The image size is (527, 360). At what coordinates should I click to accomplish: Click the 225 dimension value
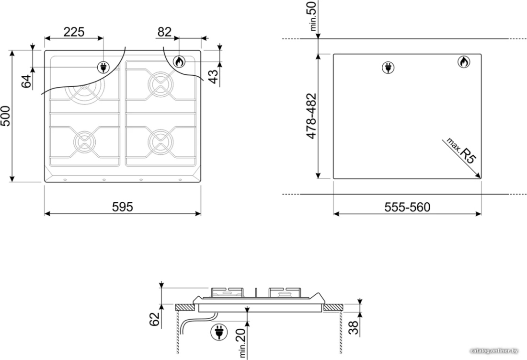click(x=74, y=32)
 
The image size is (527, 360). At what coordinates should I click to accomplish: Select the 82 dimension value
click(x=164, y=32)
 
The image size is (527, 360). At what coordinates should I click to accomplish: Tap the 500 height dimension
click(x=6, y=116)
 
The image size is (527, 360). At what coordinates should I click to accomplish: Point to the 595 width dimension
click(x=123, y=207)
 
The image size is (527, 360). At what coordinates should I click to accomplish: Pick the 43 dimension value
click(x=213, y=77)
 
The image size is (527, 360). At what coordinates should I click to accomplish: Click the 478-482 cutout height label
click(x=311, y=116)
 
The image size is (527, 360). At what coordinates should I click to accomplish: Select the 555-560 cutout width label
click(x=407, y=207)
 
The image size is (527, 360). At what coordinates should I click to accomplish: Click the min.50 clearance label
click(x=312, y=16)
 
